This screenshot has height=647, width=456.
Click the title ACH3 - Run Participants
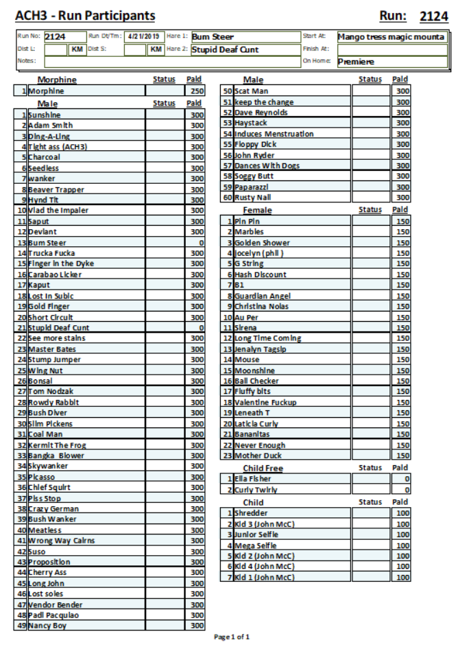pyautogui.click(x=85, y=16)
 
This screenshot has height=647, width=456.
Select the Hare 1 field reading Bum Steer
pyautogui.click(x=245, y=37)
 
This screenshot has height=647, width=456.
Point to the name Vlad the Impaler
pyautogui.click(x=59, y=211)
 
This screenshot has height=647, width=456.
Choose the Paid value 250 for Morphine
pyautogui.click(x=196, y=91)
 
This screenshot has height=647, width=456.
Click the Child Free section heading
pyautogui.click(x=263, y=469)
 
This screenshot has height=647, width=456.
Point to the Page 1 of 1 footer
pyautogui.click(x=232, y=637)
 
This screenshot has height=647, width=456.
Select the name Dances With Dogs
pyautogui.click(x=267, y=165)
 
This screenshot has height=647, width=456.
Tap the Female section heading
pyautogui.click(x=257, y=211)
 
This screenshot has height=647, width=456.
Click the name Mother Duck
pyautogui.click(x=258, y=456)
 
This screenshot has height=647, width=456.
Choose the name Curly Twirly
pyautogui.click(x=256, y=490)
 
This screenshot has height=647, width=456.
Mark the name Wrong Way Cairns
pyautogui.click(x=62, y=541)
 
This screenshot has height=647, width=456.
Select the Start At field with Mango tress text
pyautogui.click(x=391, y=37)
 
